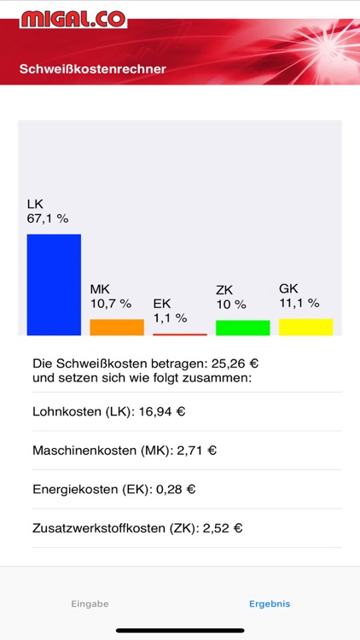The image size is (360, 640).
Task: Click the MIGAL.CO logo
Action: pyautogui.click(x=73, y=19)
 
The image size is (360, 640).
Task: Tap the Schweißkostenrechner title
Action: pyautogui.click(x=92, y=68)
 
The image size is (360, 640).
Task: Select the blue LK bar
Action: pyautogui.click(x=54, y=284)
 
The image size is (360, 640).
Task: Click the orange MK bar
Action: pyautogui.click(x=117, y=327)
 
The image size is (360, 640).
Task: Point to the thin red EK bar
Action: pyautogui.click(x=179, y=334)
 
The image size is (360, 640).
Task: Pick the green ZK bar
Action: pyautogui.click(x=242, y=328)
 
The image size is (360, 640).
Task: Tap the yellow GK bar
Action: pyautogui.click(x=305, y=327)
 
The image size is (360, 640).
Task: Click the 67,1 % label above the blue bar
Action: pyautogui.click(x=48, y=218)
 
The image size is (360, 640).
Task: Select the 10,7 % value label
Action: pyautogui.click(x=111, y=303)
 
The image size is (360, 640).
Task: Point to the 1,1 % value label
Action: pyautogui.click(x=170, y=317)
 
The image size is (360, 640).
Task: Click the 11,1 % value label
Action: pyautogui.click(x=299, y=302)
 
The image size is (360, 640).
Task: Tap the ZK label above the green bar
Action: pyautogui.click(x=224, y=290)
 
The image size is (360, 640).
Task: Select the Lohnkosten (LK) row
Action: pyautogui.click(x=109, y=411)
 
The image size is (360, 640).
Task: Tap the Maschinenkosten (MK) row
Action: pyautogui.click(x=125, y=451)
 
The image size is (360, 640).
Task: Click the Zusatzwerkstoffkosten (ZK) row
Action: pyautogui.click(x=137, y=528)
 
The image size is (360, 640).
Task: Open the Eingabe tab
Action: pyautogui.click(x=90, y=603)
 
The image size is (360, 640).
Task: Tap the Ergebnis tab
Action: pyautogui.click(x=270, y=603)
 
